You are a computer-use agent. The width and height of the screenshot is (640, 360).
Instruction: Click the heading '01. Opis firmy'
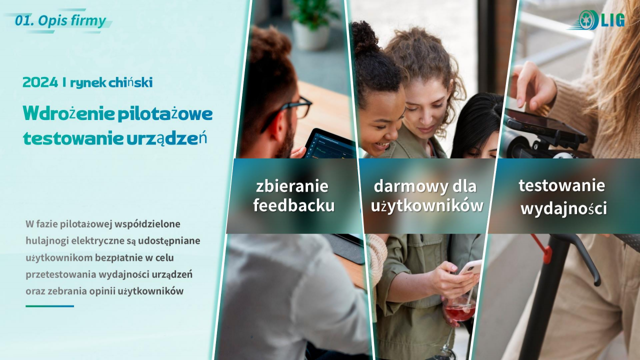[x=60, y=21]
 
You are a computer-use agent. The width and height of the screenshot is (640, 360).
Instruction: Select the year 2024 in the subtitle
[x=40, y=82]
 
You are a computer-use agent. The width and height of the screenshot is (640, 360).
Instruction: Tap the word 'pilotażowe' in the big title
[x=165, y=113]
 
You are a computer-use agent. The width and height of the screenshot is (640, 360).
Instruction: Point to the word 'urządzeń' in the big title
[x=166, y=138]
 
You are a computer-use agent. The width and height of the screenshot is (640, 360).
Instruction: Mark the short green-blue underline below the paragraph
[x=49, y=306]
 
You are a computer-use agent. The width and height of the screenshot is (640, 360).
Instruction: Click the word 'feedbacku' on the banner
[x=294, y=205]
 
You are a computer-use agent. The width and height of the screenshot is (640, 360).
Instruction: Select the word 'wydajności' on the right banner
[x=563, y=209]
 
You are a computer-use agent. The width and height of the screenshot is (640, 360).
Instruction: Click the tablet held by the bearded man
[x=330, y=144]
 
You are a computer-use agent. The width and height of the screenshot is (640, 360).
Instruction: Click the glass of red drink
[x=460, y=309]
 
